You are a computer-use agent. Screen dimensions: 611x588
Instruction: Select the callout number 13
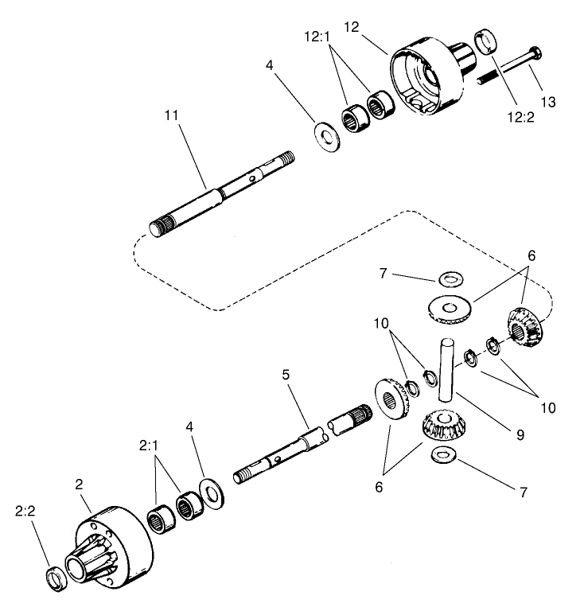pos(547,102)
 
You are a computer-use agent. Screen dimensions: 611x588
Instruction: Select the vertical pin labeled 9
pos(446,368)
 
